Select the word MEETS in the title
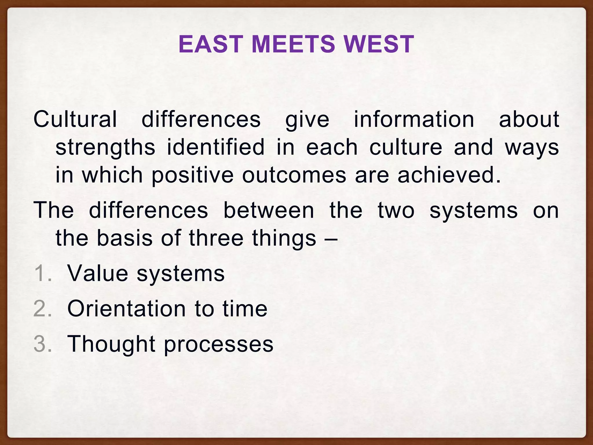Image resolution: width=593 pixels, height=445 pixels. coord(293,44)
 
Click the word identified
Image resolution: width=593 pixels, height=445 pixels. coord(216,147)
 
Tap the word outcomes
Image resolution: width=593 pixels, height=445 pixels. coord(294,175)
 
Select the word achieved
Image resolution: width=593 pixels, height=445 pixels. coord(449,175)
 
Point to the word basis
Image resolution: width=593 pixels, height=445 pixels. coord(124,238)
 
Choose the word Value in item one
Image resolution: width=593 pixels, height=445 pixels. coord(98,273)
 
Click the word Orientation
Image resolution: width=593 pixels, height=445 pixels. coord(127,309)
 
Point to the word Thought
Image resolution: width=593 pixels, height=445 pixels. coord(111,344)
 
